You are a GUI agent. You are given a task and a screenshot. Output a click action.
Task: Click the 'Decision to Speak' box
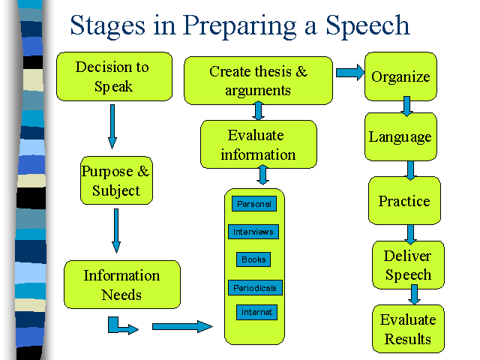click(x=114, y=76)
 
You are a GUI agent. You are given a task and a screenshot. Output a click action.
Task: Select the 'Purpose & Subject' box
click(x=116, y=181)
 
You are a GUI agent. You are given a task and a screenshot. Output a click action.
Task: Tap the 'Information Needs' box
click(x=122, y=285)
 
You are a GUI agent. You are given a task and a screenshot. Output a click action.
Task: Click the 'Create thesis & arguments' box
click(x=258, y=80)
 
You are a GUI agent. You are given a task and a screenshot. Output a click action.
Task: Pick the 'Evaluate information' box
click(x=258, y=144)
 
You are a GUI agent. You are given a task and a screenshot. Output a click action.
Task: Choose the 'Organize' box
click(x=400, y=76)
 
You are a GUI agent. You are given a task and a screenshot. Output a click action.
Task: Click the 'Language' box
click(x=400, y=136)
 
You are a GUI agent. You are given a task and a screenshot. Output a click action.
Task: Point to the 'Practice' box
click(x=404, y=200)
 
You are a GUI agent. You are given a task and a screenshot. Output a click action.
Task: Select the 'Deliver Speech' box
click(x=408, y=265)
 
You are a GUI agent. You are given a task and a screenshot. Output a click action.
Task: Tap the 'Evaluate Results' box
click(x=408, y=328)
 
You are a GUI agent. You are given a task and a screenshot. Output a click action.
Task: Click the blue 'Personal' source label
click(x=254, y=204)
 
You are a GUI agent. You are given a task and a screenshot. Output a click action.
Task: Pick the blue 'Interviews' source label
click(x=253, y=232)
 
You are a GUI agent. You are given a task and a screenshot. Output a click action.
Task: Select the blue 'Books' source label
click(x=253, y=259)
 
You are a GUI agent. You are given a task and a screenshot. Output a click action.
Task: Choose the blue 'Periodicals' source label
click(x=255, y=288)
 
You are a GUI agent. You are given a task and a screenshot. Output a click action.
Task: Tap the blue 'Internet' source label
click(x=256, y=312)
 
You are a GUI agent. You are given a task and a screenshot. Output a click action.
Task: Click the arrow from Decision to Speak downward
click(x=112, y=127)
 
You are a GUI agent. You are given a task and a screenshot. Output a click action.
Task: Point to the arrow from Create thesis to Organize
click(x=350, y=73)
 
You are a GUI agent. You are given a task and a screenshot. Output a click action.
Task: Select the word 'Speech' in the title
click(x=367, y=26)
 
